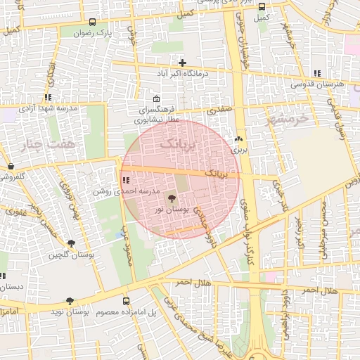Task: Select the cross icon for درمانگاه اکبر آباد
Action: tap(182, 63)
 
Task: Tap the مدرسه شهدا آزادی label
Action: tap(46, 109)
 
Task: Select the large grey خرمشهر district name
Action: tap(288, 118)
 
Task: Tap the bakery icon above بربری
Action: tap(239, 139)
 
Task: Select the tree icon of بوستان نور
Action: tap(172, 198)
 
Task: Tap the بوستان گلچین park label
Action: tap(67, 255)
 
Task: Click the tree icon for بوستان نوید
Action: tap(70, 301)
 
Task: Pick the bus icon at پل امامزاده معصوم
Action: tap(126, 298)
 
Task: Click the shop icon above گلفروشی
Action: tap(11, 167)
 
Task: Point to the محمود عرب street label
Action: tap(128, 246)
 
